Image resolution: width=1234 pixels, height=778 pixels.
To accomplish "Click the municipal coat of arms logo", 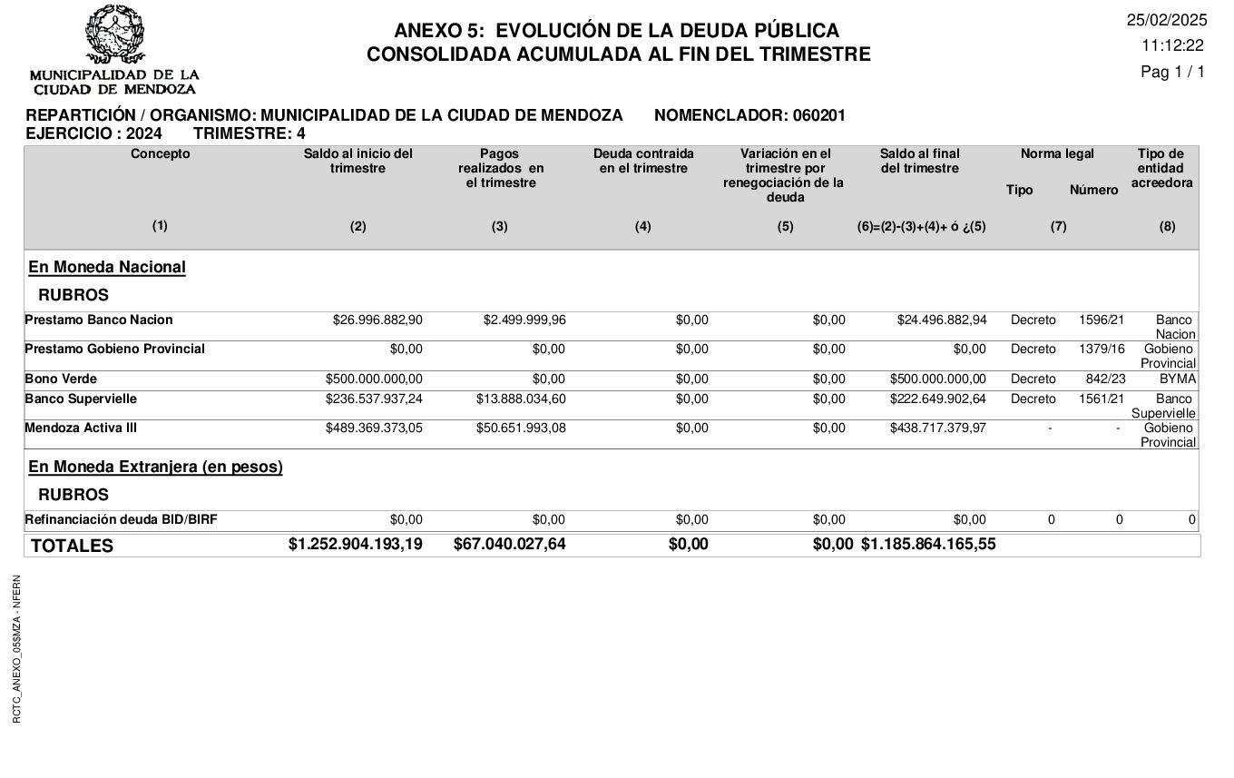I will pyautogui.click(x=114, y=35).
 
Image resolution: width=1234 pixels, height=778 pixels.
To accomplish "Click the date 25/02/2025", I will pyautogui.click(x=1167, y=20).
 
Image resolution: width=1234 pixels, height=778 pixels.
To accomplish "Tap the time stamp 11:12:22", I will pyautogui.click(x=1172, y=45).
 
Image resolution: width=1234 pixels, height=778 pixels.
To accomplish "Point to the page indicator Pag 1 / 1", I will pyautogui.click(x=1172, y=72).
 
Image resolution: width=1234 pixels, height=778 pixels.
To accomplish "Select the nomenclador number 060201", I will pyautogui.click(x=818, y=115).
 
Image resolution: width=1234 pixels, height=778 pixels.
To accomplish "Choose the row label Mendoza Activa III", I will pyautogui.click(x=81, y=428).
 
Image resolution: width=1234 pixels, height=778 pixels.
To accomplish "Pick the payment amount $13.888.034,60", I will pyautogui.click(x=521, y=399).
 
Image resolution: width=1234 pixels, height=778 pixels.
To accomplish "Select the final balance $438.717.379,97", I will pyautogui.click(x=937, y=428).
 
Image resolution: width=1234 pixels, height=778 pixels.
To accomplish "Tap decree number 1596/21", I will pyautogui.click(x=1102, y=320).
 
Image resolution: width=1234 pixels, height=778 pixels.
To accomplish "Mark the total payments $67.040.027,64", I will pyautogui.click(x=509, y=545).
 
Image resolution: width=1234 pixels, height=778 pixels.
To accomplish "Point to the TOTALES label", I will pyautogui.click(x=73, y=546).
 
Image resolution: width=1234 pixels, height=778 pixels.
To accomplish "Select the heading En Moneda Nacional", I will pyautogui.click(x=107, y=267).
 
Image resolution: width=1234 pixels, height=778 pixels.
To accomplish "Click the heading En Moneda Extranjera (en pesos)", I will pyautogui.click(x=155, y=467).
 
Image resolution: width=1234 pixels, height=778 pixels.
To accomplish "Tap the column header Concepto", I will pyautogui.click(x=161, y=154).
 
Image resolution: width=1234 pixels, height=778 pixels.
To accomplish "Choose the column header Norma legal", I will pyautogui.click(x=1057, y=154).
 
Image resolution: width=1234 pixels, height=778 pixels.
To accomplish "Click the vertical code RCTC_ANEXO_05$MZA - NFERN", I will pyautogui.click(x=17, y=649).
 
